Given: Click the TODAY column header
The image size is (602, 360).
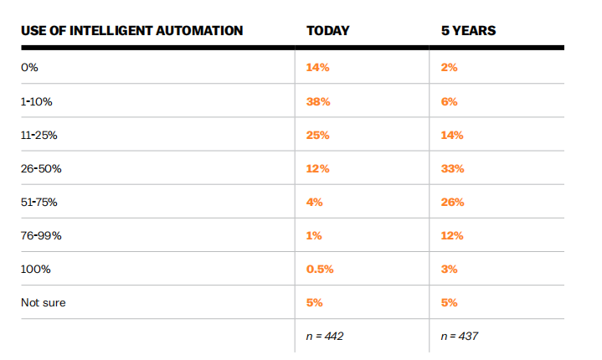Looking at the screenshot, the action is pos(328,31).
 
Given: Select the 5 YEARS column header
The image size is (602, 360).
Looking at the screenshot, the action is pos(468,31).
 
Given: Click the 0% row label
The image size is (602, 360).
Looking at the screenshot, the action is pos(29,68).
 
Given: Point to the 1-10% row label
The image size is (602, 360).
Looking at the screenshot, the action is pos(37,101).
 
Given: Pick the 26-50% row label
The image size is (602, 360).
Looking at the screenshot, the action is pos(41,169).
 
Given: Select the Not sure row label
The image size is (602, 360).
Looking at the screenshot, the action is pos(44,303).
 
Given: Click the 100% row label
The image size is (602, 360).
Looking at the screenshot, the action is pos(36,270).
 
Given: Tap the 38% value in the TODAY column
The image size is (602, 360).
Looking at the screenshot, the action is pos(318,101).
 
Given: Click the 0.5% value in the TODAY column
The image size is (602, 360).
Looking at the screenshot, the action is pos(320,270).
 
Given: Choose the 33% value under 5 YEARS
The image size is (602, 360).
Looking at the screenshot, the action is pos(453,169).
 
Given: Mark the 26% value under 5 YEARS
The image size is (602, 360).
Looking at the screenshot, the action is pos(453,203).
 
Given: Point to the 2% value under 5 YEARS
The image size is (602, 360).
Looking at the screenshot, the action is pos(449,68).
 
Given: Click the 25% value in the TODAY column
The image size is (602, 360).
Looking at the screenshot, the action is pos(318,136).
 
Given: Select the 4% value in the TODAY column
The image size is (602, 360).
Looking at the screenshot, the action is pos(315,203).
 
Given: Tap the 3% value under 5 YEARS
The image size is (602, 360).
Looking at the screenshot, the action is pos(449,270).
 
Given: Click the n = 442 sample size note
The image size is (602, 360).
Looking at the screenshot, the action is pos(325,337).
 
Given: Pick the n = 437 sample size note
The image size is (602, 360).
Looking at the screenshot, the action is pos(460,337).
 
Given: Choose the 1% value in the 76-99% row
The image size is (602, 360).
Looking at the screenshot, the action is pos(314,235).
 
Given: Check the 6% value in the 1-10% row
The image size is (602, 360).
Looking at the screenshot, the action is pos(449,101).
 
